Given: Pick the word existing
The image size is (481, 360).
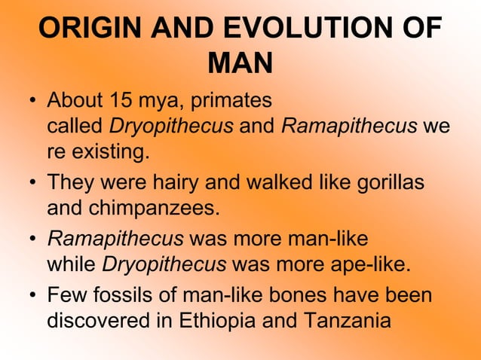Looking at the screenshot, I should (109, 153).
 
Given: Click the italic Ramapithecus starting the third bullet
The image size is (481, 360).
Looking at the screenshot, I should (115, 239).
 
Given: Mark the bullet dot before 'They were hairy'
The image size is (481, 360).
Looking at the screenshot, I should (34, 184).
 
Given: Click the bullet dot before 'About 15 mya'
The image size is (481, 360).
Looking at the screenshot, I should (34, 101).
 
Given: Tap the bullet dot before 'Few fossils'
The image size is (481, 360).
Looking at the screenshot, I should (34, 295).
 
